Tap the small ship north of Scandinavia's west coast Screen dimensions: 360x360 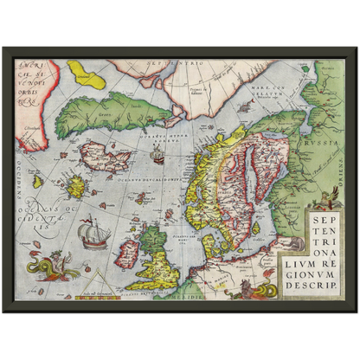(157, 157)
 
